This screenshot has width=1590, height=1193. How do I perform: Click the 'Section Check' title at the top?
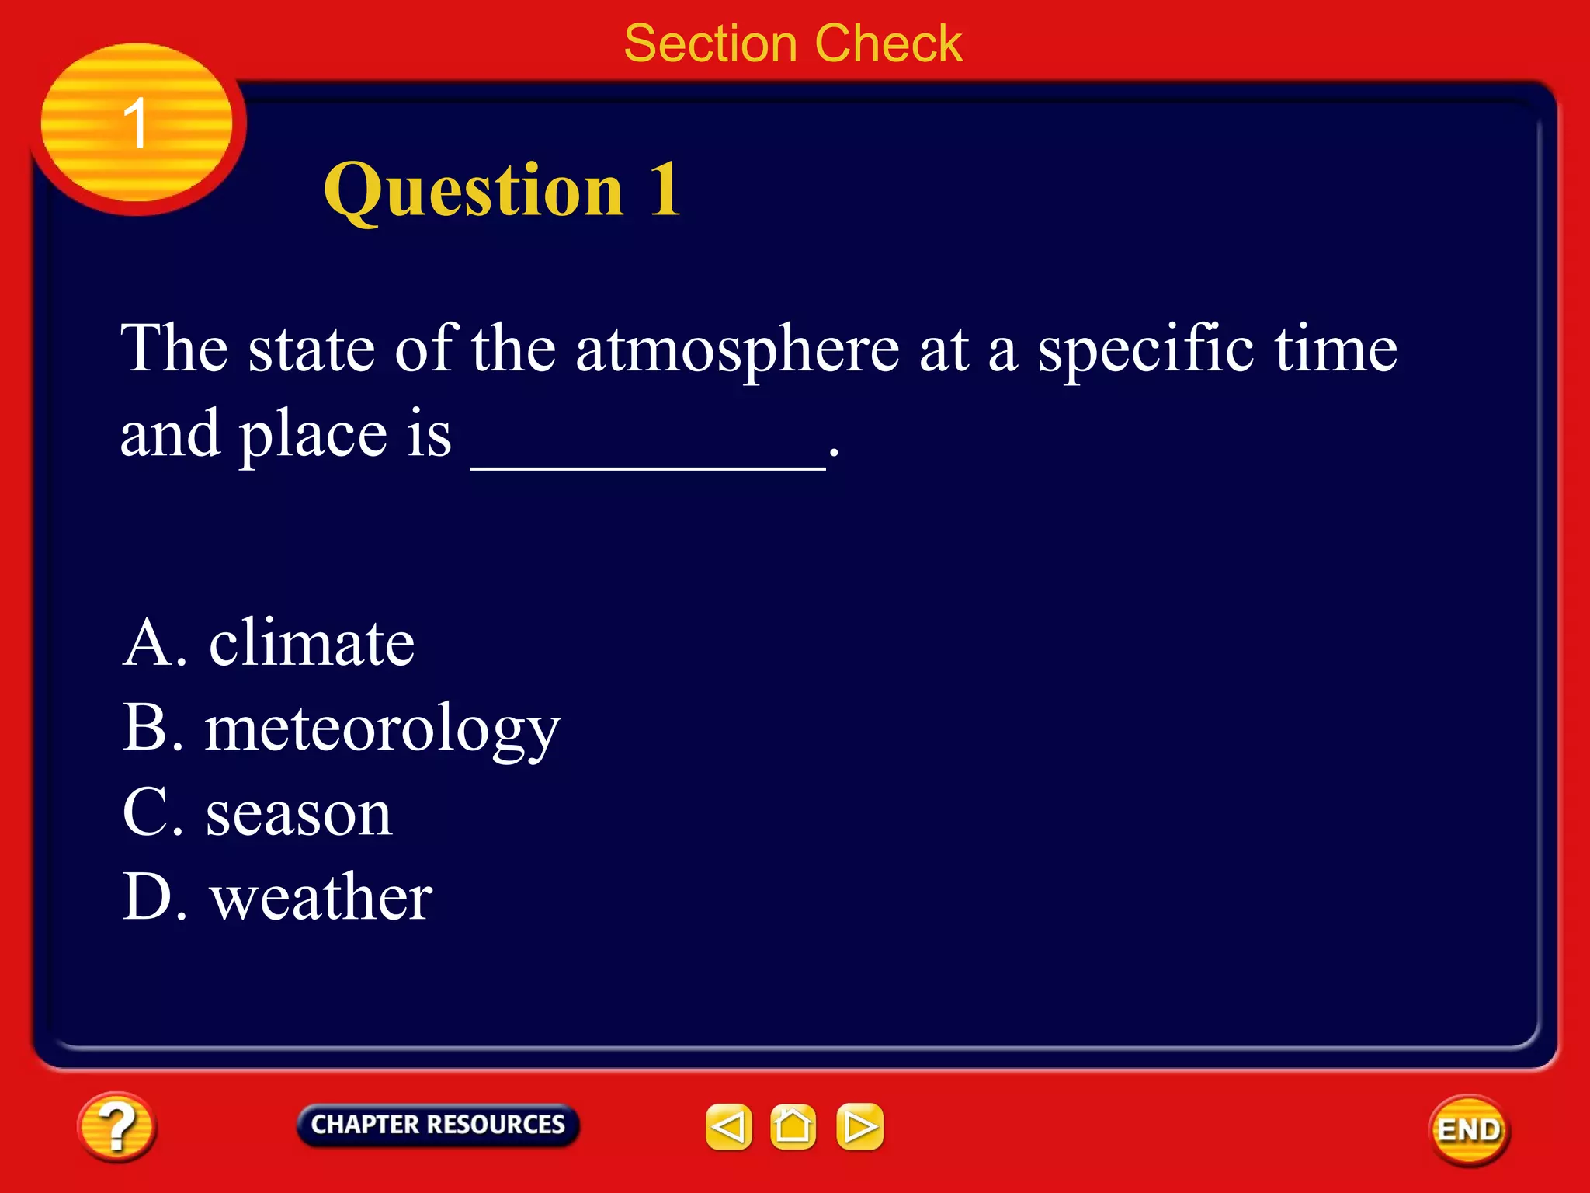793,43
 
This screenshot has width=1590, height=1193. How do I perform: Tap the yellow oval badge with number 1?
137,123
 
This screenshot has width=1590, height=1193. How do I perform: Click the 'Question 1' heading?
502,190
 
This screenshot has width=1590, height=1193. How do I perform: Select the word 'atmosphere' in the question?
738,350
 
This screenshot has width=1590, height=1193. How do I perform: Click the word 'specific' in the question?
1146,350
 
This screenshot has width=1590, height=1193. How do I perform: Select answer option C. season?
257,813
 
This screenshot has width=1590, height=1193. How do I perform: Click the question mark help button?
116,1127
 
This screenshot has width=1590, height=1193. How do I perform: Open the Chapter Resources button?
438,1125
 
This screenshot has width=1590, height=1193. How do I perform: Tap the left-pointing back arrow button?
728,1127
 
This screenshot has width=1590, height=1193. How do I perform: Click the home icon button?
793,1127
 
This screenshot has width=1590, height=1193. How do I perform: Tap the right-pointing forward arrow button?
859,1127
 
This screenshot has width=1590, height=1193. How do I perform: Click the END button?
1469,1130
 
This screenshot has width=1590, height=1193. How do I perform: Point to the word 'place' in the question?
312,435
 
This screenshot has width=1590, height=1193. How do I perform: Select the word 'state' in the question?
311,350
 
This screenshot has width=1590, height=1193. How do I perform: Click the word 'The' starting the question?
174,350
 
